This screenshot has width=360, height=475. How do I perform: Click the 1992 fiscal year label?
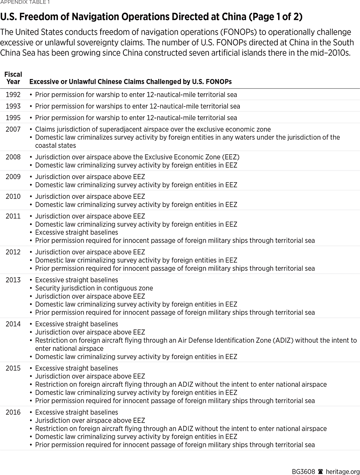13,95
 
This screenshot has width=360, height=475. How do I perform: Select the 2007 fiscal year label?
13,129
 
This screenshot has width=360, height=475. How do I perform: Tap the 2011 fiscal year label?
13,216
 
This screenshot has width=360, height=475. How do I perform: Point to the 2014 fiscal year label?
13,324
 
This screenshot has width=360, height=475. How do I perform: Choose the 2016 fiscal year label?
13,412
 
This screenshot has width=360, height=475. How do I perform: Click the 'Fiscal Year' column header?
13,78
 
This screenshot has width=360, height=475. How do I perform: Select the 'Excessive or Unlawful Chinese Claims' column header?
130,82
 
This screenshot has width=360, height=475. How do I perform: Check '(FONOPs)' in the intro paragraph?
233,32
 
